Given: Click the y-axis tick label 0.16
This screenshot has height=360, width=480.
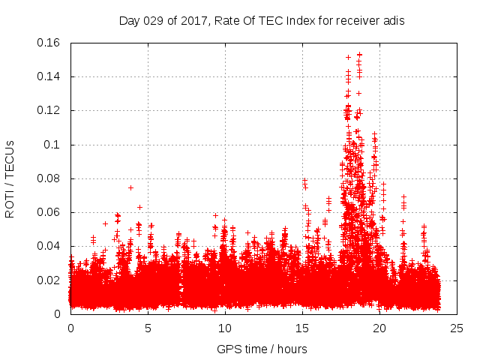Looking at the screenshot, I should pyautogui.click(x=51, y=43).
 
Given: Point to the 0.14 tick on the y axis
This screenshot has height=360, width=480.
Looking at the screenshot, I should pyautogui.click(x=51, y=76).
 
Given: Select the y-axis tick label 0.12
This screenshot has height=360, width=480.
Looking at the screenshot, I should pyautogui.click(x=51, y=110).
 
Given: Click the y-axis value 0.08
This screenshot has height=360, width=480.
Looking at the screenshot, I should pyautogui.click(x=51, y=178).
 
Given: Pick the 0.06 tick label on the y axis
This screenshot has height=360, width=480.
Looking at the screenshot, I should pyautogui.click(x=51, y=212).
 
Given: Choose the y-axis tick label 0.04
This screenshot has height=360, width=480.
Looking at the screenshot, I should pyautogui.click(x=51, y=246).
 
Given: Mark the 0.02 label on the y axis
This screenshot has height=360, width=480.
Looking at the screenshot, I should pyautogui.click(x=51, y=280).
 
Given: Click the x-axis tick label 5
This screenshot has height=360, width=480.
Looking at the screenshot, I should pyautogui.click(x=148, y=328).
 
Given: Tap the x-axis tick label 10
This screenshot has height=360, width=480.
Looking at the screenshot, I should pyautogui.click(x=225, y=328).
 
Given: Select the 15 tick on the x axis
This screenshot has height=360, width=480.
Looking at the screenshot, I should pyautogui.click(x=302, y=328).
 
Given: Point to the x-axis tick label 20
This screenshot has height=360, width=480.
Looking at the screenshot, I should pyautogui.click(x=379, y=328).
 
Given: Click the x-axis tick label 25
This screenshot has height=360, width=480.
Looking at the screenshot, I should pyautogui.click(x=457, y=328).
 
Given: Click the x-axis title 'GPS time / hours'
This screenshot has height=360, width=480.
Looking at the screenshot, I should pyautogui.click(x=262, y=349).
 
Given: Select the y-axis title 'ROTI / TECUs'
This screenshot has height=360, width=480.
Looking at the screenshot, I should pyautogui.click(x=10, y=178).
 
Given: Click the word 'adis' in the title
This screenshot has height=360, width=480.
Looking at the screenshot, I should pyautogui.click(x=394, y=20).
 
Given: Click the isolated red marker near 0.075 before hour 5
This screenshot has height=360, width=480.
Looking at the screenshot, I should pyautogui.click(x=130, y=187).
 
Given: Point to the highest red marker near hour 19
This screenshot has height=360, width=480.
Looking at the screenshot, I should pyautogui.click(x=360, y=55).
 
